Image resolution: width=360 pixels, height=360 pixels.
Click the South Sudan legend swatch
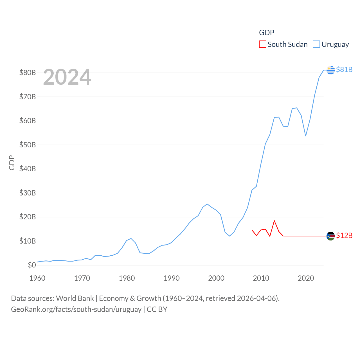click(262, 44)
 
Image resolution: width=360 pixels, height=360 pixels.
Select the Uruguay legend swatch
click(316, 44)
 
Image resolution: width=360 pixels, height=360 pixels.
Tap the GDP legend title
click(266, 33)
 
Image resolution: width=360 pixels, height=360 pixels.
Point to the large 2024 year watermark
click(67, 77)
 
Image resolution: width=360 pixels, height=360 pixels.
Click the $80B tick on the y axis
click(28, 73)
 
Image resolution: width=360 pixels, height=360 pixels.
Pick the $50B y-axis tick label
click(28, 145)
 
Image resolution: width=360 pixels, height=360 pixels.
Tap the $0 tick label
click(32, 265)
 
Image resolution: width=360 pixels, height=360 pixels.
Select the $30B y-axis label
click(28, 193)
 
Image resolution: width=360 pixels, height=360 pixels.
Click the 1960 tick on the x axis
click(37, 278)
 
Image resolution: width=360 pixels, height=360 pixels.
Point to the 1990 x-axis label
click(172, 278)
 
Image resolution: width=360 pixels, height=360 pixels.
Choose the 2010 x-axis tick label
click(261, 278)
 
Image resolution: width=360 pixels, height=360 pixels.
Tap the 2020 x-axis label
click(306, 278)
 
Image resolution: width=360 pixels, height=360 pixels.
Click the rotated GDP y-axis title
click(12, 163)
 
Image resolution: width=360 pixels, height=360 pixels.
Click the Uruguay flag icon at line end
click(331, 70)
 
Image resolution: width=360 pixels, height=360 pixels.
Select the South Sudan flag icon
click(331, 236)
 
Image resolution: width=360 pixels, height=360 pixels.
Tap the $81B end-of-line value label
click(344, 69)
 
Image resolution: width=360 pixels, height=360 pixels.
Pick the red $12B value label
click(344, 235)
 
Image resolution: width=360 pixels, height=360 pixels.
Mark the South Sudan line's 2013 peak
click(274, 221)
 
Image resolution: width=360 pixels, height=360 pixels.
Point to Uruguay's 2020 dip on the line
click(306, 136)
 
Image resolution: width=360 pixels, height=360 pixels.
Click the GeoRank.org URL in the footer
click(76, 309)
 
